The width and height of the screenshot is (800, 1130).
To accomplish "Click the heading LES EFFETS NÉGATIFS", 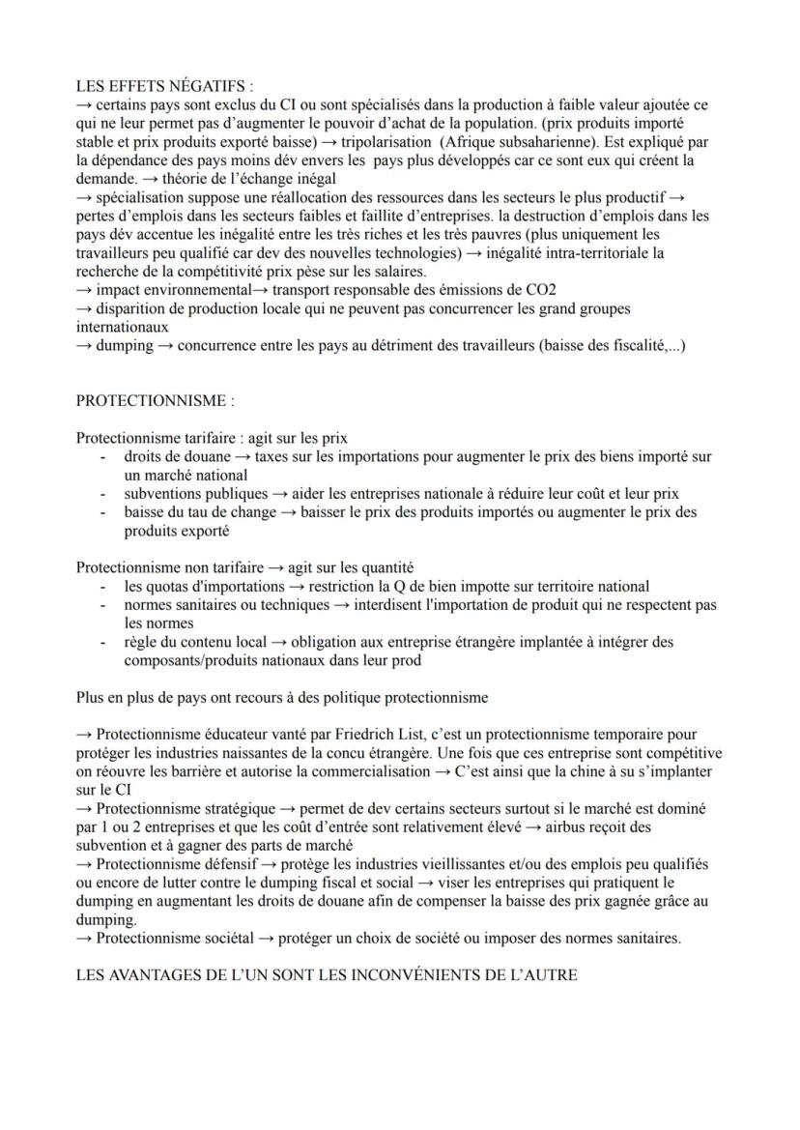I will point(152,84).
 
